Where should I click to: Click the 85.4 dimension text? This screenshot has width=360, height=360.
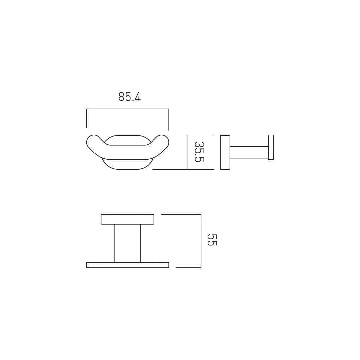tap(130, 97)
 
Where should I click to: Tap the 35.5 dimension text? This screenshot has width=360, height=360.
tap(199, 152)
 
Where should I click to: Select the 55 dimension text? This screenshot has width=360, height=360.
tap(212, 240)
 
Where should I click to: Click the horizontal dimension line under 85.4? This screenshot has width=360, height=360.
tap(128, 109)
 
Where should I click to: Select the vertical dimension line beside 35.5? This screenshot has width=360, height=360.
tap(187, 152)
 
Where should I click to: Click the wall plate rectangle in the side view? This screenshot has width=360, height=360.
tap(225, 152)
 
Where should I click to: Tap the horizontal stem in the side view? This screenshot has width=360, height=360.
tap(249, 152)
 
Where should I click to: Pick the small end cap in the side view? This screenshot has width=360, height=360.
tap(271, 147)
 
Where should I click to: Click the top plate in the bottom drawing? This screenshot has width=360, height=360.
tap(128, 219)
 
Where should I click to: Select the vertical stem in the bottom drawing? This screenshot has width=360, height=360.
tap(128, 243)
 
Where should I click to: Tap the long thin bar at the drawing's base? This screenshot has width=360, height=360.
tap(128, 265)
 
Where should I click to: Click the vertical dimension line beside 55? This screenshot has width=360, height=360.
tap(201, 241)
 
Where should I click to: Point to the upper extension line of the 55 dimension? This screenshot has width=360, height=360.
tap(181, 215)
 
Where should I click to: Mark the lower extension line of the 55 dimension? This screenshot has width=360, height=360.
tap(188, 267)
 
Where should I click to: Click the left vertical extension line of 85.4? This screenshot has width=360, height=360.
tap(87, 118)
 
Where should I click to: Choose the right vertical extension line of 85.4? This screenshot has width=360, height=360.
tap(169, 119)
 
